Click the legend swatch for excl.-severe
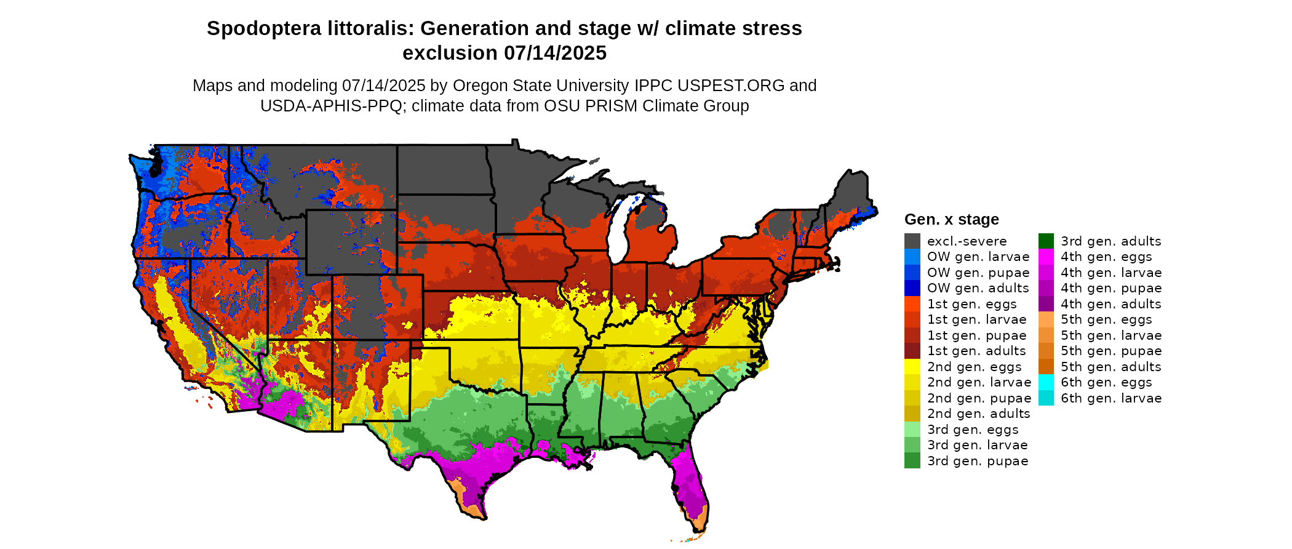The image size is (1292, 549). [912, 241]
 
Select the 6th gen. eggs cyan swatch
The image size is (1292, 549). [1046, 382]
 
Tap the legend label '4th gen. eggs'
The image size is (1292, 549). [1106, 257]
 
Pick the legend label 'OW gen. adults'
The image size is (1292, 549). [978, 288]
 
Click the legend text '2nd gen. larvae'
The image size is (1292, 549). [979, 382]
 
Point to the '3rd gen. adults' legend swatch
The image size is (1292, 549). [1046, 241]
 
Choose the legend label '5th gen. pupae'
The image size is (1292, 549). [1111, 351]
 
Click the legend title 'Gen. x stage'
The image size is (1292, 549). [951, 220]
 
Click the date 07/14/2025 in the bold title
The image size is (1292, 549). [555, 54]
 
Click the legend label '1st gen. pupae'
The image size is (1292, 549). [977, 335]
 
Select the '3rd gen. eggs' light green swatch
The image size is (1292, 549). [912, 430]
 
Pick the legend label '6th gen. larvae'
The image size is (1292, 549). [1111, 398]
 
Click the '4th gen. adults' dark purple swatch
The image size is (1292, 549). [1046, 304]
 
